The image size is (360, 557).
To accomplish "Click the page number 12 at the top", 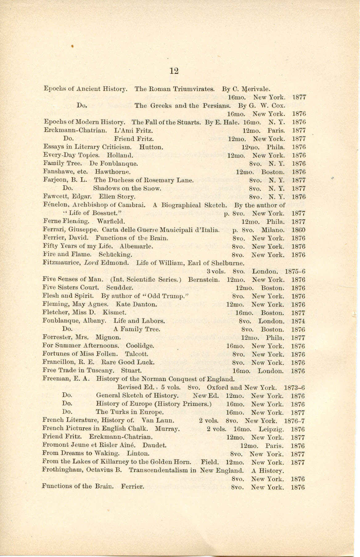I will coord(174,71).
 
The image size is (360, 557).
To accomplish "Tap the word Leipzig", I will coord(271,429).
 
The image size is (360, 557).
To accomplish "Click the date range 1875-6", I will coord(295,272).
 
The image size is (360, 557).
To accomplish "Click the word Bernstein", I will coord(204,280).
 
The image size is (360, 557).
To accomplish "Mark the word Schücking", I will coord(116,255).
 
